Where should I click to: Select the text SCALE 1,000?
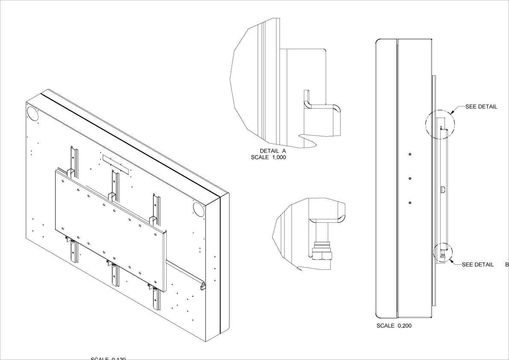268,157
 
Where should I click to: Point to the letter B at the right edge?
507,264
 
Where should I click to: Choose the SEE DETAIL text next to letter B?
478,264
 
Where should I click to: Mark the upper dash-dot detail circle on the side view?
440,124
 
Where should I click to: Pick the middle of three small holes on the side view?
410,178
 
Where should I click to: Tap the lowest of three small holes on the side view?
410,203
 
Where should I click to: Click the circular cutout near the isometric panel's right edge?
198,209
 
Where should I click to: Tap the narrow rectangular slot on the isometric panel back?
115,164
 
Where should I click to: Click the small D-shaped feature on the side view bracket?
442,189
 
